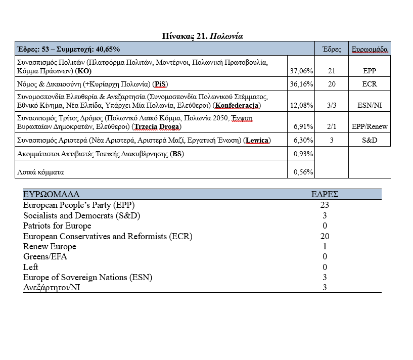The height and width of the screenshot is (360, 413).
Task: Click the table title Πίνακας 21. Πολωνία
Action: [x=206, y=36]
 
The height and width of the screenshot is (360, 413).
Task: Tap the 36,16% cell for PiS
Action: [x=301, y=84]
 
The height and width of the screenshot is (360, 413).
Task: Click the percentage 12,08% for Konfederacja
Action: [x=301, y=105]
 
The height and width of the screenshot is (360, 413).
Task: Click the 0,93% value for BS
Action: [x=303, y=154]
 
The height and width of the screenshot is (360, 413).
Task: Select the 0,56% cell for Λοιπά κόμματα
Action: [x=303, y=172]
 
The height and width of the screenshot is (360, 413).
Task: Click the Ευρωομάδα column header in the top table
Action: [x=370, y=50]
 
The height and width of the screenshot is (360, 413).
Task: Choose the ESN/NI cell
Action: [x=370, y=105]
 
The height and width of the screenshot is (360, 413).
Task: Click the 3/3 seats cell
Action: [x=332, y=105]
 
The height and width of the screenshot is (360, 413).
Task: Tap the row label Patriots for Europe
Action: [x=57, y=226]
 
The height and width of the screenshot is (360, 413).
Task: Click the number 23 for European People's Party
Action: [x=325, y=205]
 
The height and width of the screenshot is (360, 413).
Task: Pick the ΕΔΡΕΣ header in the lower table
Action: [x=325, y=194]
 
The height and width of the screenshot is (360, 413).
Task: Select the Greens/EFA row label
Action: [x=45, y=257]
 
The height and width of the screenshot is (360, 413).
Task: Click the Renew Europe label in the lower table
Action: [x=50, y=247]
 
